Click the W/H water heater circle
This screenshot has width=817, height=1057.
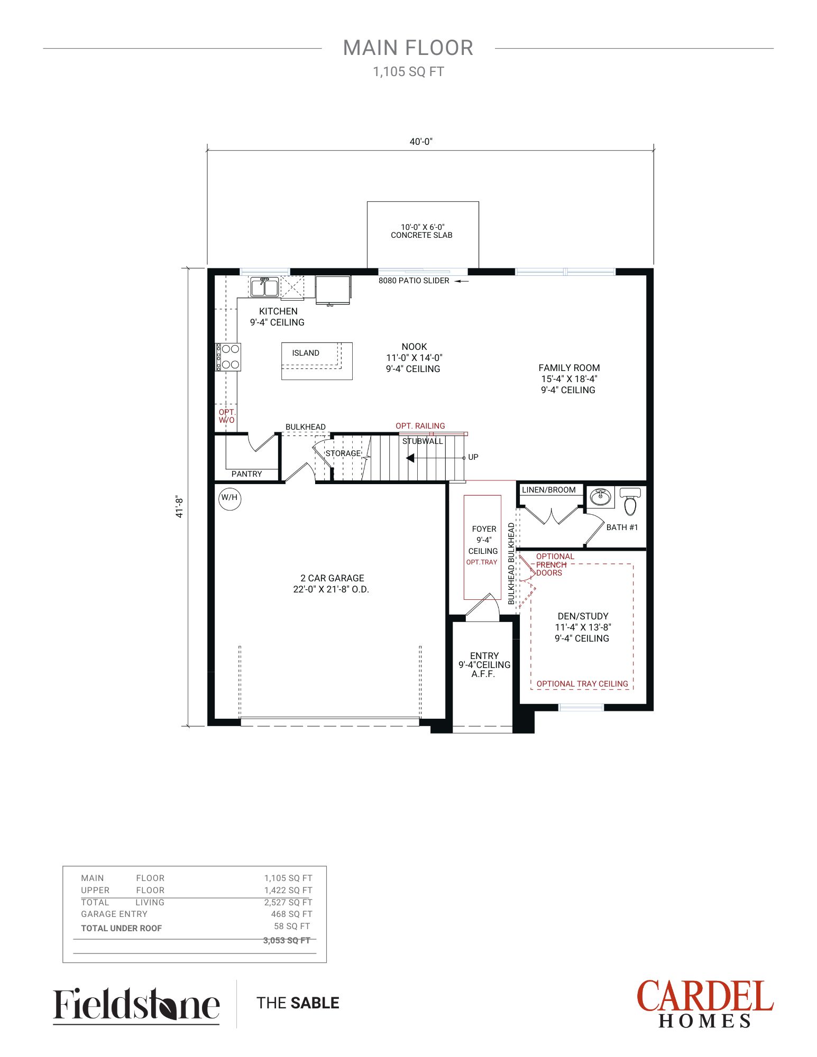pyautogui.click(x=230, y=498)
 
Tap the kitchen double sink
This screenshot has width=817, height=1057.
pyautogui.click(x=264, y=287)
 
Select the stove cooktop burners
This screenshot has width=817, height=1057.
pyautogui.click(x=228, y=357)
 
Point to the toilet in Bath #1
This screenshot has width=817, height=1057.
pyautogui.click(x=630, y=500)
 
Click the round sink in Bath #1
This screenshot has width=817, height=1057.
pyautogui.click(x=600, y=497)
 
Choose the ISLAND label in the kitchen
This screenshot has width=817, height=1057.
pyautogui.click(x=306, y=353)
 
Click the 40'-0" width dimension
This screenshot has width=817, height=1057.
pyautogui.click(x=421, y=142)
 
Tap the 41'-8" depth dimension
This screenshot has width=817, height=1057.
pyautogui.click(x=179, y=507)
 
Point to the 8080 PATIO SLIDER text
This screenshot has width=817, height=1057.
pyautogui.click(x=414, y=281)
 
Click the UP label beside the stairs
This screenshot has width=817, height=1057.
pyautogui.click(x=473, y=457)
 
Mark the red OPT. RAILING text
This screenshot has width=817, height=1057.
pyautogui.click(x=420, y=426)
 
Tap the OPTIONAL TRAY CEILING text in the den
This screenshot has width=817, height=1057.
pyautogui.click(x=582, y=684)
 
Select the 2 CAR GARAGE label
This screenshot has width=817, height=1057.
pyautogui.click(x=332, y=578)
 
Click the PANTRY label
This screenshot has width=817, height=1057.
pyautogui.click(x=246, y=474)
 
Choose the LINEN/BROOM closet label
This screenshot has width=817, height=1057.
pyautogui.click(x=549, y=490)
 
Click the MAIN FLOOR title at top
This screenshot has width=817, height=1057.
pyautogui.click(x=408, y=48)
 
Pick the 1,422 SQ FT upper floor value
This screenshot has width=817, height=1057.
pyautogui.click(x=288, y=890)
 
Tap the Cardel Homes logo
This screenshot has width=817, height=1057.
pyautogui.click(x=705, y=1004)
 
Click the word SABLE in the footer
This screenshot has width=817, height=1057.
pyautogui.click(x=315, y=1003)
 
